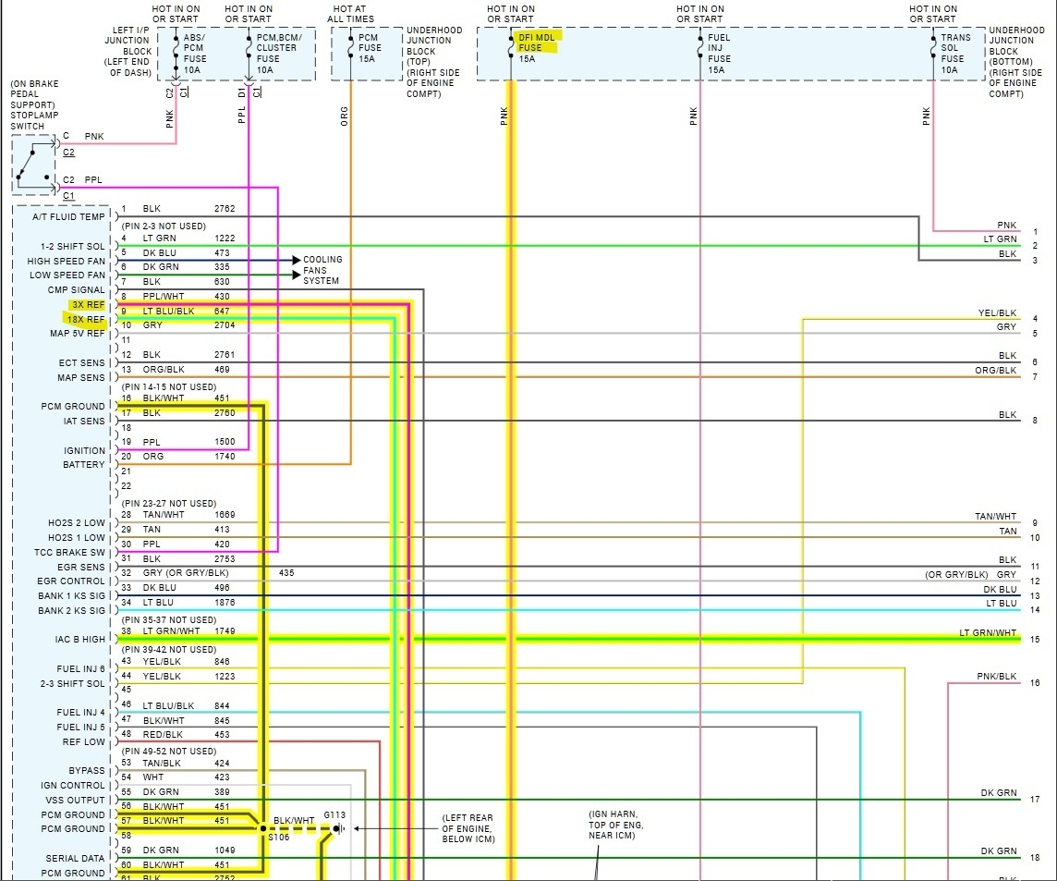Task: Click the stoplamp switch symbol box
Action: pyautogui.click(x=33, y=165)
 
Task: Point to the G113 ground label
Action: pyautogui.click(x=334, y=815)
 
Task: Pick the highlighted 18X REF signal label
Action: pyautogui.click(x=86, y=319)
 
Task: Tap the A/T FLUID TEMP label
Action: pyautogui.click(x=68, y=216)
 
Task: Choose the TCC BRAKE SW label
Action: pyautogui.click(x=72, y=552)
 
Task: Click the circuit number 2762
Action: pyautogui.click(x=225, y=209)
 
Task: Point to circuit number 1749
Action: pyautogui.click(x=225, y=631)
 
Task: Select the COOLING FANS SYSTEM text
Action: pyautogui.click(x=322, y=270)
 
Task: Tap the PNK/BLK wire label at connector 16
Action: pyautogui.click(x=996, y=677)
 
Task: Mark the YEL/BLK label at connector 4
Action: pyautogui.click(x=997, y=313)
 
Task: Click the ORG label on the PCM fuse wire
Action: pyautogui.click(x=345, y=116)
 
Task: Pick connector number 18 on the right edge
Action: pyautogui.click(x=1035, y=858)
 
